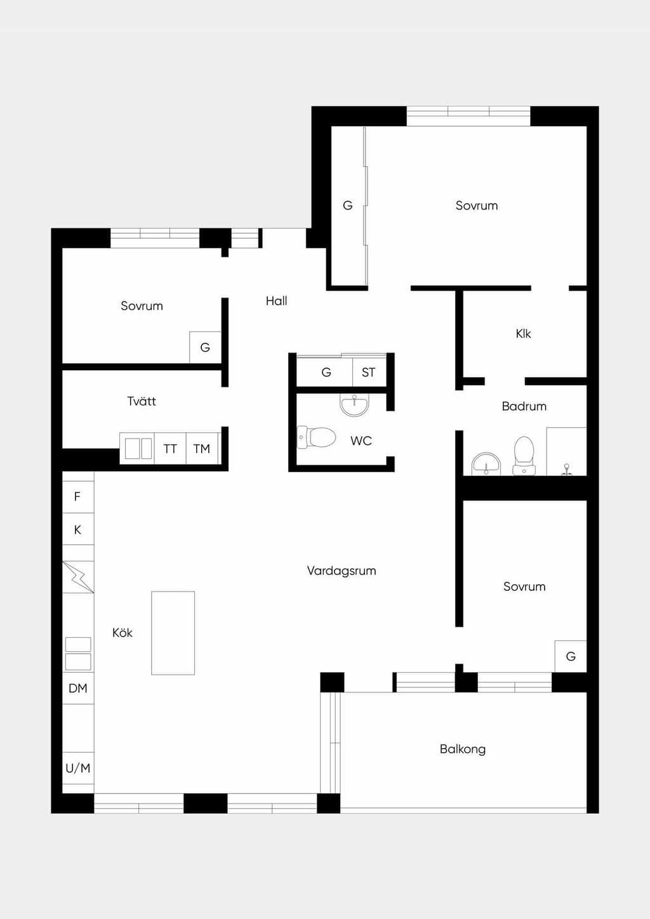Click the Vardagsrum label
coord(342,571)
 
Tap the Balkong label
coord(463,749)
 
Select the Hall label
coord(276,301)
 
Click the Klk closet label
coord(523,334)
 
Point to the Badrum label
coord(524,407)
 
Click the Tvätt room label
coord(142,401)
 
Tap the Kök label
coord(123,633)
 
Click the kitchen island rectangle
coord(173,633)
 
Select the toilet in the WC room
coord(316,437)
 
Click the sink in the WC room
coord(355,405)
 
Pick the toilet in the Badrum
coord(524,456)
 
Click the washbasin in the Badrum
coord(486,464)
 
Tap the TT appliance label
coord(170,449)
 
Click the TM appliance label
coord(201,449)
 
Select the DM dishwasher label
coord(78,688)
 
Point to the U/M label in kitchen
coord(78,768)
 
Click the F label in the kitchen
coord(77,497)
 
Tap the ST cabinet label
coord(369,373)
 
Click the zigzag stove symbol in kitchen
coord(78,577)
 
